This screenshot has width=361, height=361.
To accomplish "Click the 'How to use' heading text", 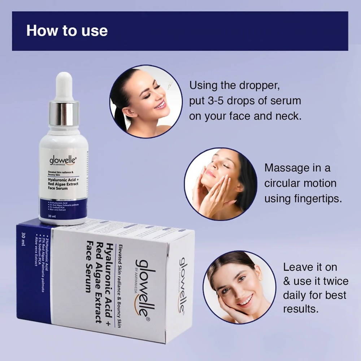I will pos(67,31).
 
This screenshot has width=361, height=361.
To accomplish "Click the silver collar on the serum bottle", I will pos(64,114).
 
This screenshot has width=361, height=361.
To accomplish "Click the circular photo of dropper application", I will pos(146,101).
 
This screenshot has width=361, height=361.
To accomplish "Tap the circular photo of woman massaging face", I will pos(221,184).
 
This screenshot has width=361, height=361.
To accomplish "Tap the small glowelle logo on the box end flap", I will pos(182,285).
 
